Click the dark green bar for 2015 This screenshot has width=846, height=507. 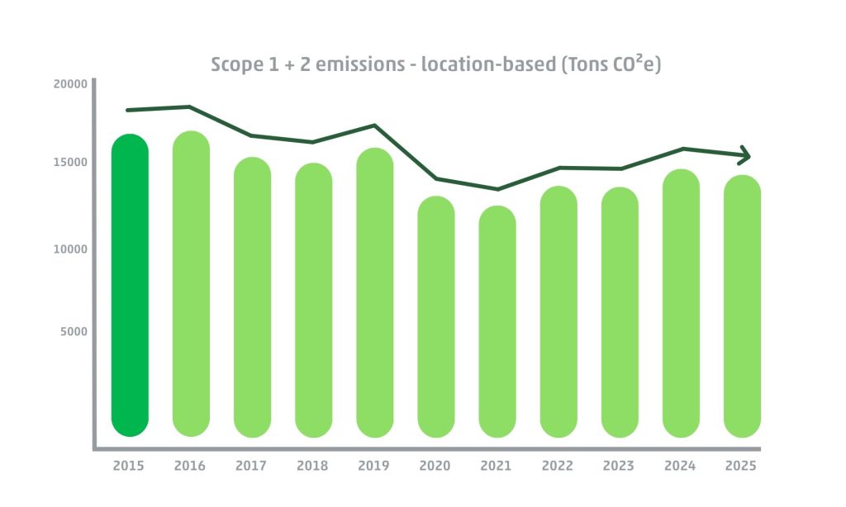[130, 285]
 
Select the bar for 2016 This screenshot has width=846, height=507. [191, 284]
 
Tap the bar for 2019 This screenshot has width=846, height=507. [374, 292]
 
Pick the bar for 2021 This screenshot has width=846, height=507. [497, 321]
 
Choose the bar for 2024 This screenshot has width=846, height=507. [681, 303]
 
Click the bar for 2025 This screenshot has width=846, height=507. [742, 306]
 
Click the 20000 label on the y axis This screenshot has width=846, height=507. [70, 84]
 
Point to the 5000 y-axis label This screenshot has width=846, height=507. [74, 332]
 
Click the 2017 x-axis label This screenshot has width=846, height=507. [251, 466]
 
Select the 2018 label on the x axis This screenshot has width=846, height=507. [312, 466]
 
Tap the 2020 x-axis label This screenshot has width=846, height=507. [435, 466]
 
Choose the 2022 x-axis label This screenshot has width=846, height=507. [558, 466]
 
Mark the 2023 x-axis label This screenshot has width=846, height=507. [619, 466]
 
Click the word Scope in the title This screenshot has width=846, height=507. [236, 65]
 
